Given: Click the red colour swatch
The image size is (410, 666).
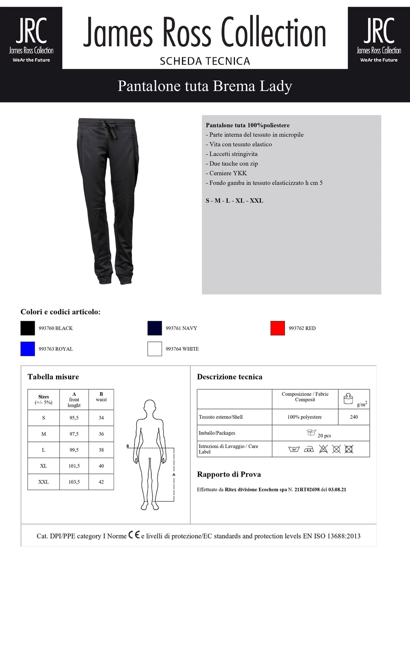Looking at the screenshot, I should pyautogui.click(x=278, y=328).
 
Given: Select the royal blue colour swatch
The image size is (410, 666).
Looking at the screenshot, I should pyautogui.click(x=27, y=349).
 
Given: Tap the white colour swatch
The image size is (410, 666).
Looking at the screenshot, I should pyautogui.click(x=155, y=349).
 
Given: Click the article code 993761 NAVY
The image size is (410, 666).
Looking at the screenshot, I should pyautogui.click(x=181, y=328).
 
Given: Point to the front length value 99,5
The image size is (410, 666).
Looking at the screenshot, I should pyautogui.click(x=74, y=450).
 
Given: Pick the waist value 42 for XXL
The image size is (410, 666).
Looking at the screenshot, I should pyautogui.click(x=101, y=482).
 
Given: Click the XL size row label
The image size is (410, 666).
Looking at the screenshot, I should pyautogui.click(x=43, y=466).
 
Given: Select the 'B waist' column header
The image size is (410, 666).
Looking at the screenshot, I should pyautogui.click(x=101, y=397).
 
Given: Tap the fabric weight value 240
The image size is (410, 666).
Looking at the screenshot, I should pyautogui.click(x=354, y=417).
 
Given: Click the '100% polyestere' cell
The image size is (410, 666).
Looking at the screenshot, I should pyautogui.click(x=305, y=417).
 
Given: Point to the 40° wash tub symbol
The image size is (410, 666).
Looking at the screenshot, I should pyautogui.click(x=294, y=449).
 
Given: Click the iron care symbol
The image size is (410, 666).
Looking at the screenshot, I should pyautogui.click(x=309, y=449).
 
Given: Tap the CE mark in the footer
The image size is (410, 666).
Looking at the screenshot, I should pyautogui.click(x=134, y=535).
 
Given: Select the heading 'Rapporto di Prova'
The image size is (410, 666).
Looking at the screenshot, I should pyautogui.click(x=229, y=474).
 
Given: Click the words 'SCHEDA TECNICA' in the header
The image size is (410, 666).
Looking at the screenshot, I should pyautogui.click(x=205, y=61).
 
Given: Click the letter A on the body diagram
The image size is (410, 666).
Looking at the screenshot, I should pyautogui.click(x=174, y=475).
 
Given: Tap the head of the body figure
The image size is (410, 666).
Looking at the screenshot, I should pyautogui.click(x=150, y=407).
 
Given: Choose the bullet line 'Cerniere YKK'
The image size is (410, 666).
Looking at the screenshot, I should pyautogui.click(x=228, y=173).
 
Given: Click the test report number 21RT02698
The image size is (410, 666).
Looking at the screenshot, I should pyautogui.click(x=307, y=490).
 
